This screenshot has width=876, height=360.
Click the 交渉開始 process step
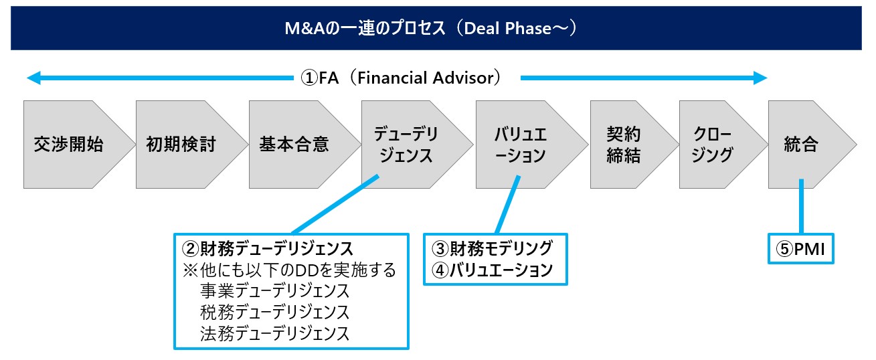[69, 145]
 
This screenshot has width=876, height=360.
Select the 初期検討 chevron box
[181, 145]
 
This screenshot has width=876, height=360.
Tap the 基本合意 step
[294, 145]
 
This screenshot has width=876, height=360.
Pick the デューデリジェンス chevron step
[406, 145]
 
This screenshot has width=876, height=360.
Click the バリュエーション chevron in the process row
[520, 145]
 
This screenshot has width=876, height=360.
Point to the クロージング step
[713, 145]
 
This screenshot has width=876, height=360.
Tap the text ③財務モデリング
[493, 248]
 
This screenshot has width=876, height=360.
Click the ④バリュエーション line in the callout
[493, 270]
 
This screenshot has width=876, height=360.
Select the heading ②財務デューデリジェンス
[268, 249]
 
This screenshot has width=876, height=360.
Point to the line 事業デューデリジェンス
[274, 291]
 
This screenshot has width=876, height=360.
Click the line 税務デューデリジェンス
[274, 312]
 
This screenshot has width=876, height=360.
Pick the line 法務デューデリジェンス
[274, 333]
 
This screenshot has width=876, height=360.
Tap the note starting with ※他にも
[289, 270]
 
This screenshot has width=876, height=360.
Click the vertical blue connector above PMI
[800, 207]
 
